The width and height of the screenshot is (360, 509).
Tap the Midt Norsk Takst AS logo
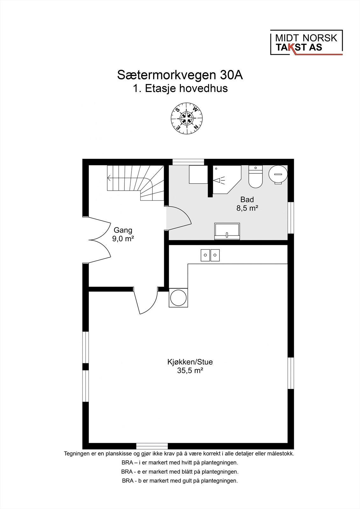[x=306, y=43]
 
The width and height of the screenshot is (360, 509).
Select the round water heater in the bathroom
[x=278, y=174]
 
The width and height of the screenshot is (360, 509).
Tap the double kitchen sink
[x=210, y=255]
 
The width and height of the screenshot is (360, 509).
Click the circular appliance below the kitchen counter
[x=178, y=298]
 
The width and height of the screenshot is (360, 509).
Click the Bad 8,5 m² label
[x=247, y=204]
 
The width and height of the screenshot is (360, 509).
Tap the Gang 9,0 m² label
[x=123, y=234]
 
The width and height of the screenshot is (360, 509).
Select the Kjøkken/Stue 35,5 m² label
[x=190, y=366]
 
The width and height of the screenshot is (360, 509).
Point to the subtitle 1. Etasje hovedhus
[x=180, y=88]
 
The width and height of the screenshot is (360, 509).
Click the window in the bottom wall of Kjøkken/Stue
[x=152, y=446]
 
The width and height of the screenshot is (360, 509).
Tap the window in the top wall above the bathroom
[x=188, y=162]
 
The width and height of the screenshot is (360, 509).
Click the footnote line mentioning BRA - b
[x=180, y=481]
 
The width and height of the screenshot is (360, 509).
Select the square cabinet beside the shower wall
[x=197, y=174]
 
